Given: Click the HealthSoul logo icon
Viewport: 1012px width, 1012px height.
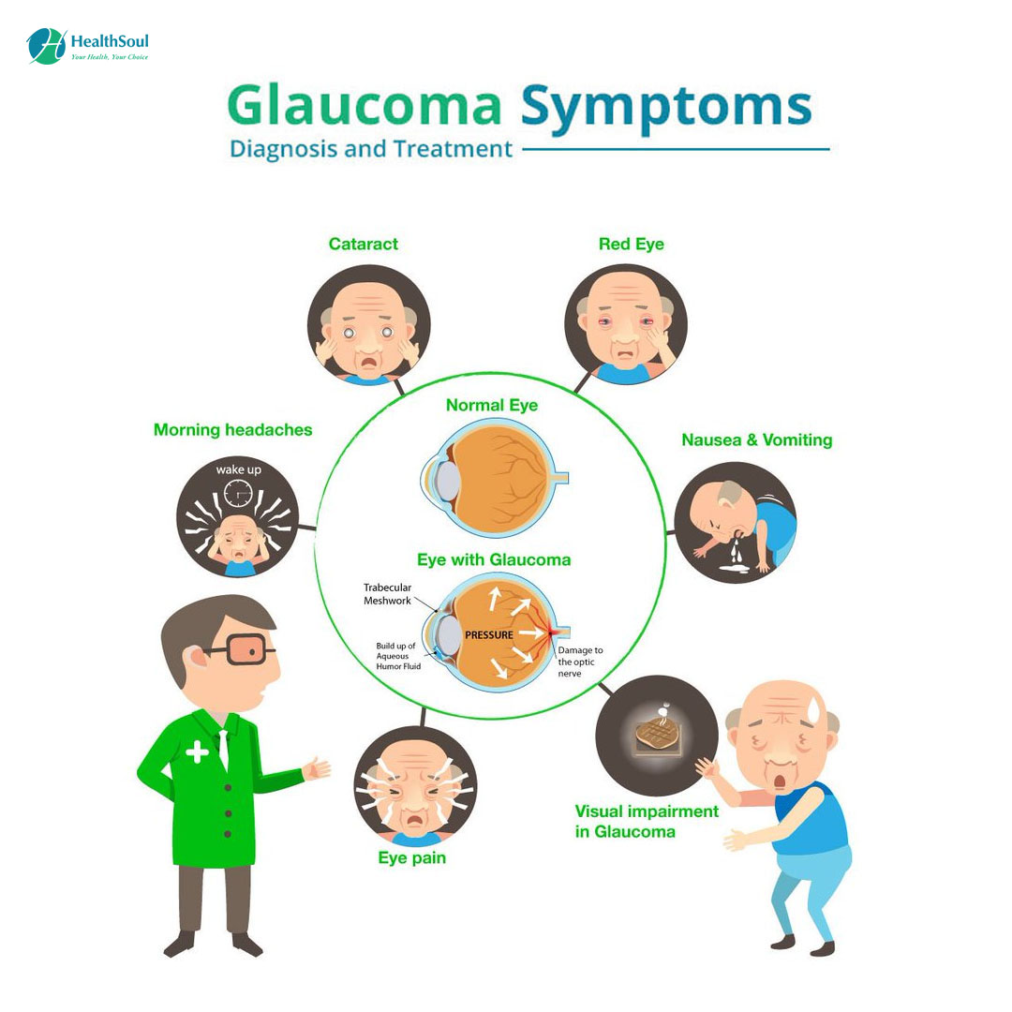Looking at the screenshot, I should pyautogui.click(x=46, y=46).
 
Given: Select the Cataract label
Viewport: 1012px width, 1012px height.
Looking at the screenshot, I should pyautogui.click(x=363, y=244).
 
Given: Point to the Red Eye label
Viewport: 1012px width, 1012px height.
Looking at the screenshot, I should pyautogui.click(x=631, y=244).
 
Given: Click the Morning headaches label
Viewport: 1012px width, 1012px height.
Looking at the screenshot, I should pyautogui.click(x=232, y=430).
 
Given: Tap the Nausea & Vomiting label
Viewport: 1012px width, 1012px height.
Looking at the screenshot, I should pyautogui.click(x=756, y=439).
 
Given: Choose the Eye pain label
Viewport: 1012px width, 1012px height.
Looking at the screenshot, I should pyautogui.click(x=411, y=857).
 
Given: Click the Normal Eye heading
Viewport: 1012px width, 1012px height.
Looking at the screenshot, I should pyautogui.click(x=492, y=406).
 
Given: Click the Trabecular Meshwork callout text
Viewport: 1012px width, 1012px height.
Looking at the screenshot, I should pyautogui.click(x=387, y=594).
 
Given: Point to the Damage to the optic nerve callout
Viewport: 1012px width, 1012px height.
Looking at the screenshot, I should pyautogui.click(x=580, y=662).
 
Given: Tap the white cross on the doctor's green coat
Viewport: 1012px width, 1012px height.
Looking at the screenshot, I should pyautogui.click(x=197, y=752).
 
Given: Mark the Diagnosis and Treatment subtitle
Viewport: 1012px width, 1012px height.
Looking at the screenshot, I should pyautogui.click(x=371, y=149).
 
